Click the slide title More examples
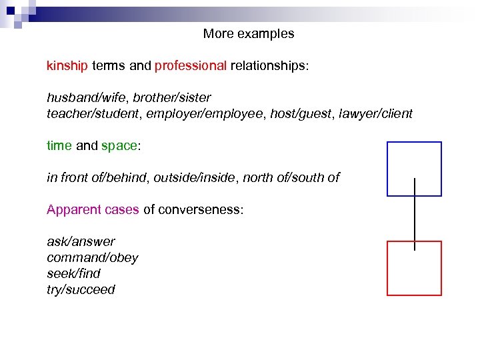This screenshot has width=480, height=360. (249, 33)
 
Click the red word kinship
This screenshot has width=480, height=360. (67, 66)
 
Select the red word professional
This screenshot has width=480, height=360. (191, 66)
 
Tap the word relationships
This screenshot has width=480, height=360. (269, 66)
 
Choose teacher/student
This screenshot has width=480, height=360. (89, 114)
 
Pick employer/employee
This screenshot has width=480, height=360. (204, 114)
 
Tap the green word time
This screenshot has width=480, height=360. (59, 146)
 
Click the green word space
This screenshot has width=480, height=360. (118, 146)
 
